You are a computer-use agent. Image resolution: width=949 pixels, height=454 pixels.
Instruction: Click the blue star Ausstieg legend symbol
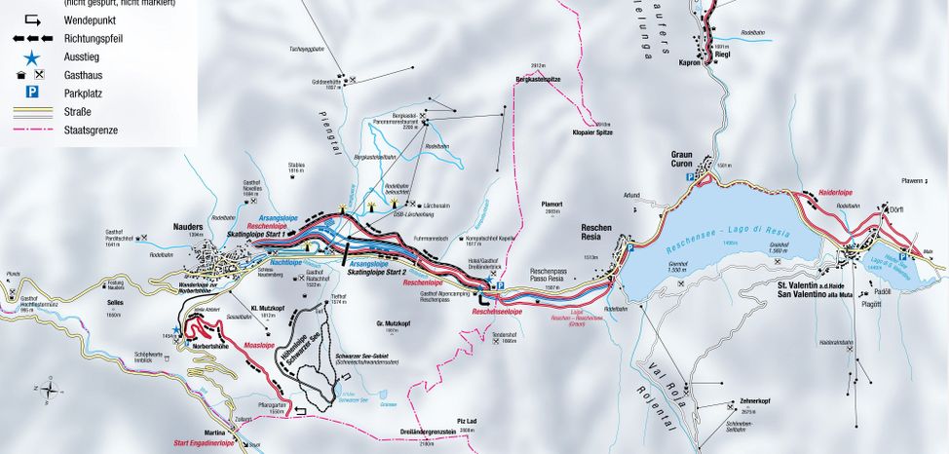[33, 57]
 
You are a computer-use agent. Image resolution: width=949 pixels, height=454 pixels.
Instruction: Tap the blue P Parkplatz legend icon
[33, 92]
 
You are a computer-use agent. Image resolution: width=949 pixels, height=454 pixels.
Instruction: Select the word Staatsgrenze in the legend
[89, 129]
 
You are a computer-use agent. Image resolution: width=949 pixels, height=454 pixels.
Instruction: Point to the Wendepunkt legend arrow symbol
[32, 19]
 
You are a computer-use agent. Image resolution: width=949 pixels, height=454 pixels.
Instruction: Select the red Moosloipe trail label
[258, 345]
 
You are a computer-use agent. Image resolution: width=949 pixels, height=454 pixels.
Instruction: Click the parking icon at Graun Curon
[690, 178]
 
